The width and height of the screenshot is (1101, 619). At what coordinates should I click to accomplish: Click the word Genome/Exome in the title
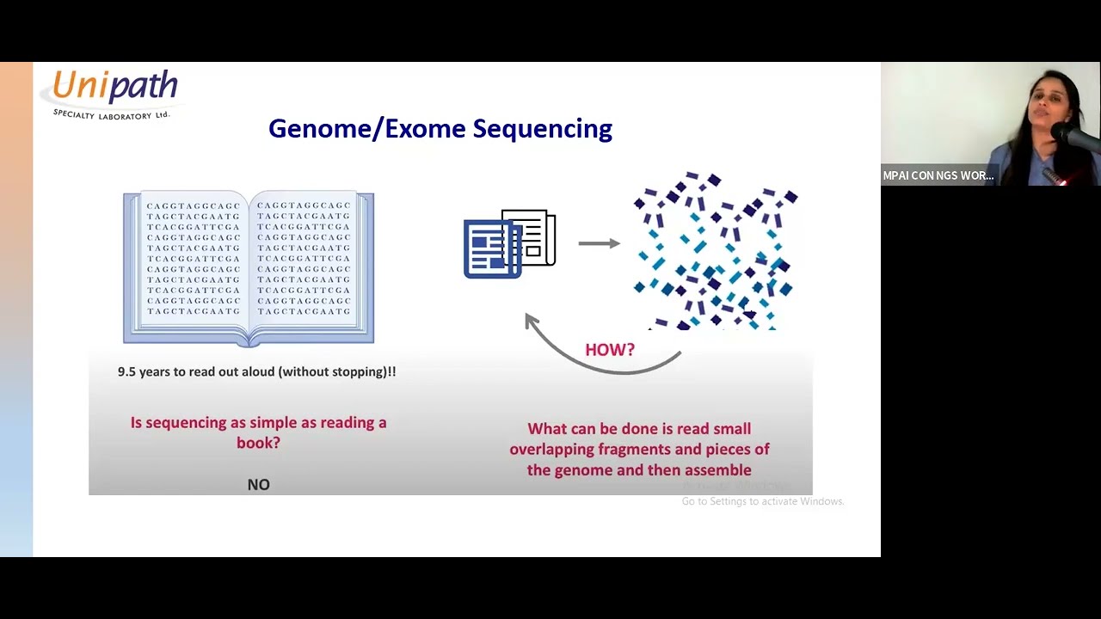(368, 129)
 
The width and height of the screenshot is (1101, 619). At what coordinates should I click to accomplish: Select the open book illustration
(249, 267)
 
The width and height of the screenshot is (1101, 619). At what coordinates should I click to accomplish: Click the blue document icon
(491, 249)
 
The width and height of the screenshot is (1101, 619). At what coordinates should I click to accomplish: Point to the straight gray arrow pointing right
(599, 243)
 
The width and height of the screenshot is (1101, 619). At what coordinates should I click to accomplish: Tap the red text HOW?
(609, 350)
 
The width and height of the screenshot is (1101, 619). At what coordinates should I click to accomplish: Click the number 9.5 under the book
(128, 371)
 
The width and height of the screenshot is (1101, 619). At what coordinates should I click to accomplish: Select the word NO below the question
(258, 485)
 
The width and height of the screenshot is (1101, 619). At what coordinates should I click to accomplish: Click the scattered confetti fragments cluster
(714, 250)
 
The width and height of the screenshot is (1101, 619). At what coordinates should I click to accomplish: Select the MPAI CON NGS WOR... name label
(938, 175)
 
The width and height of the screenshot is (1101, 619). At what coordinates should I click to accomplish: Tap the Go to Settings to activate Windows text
(762, 501)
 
